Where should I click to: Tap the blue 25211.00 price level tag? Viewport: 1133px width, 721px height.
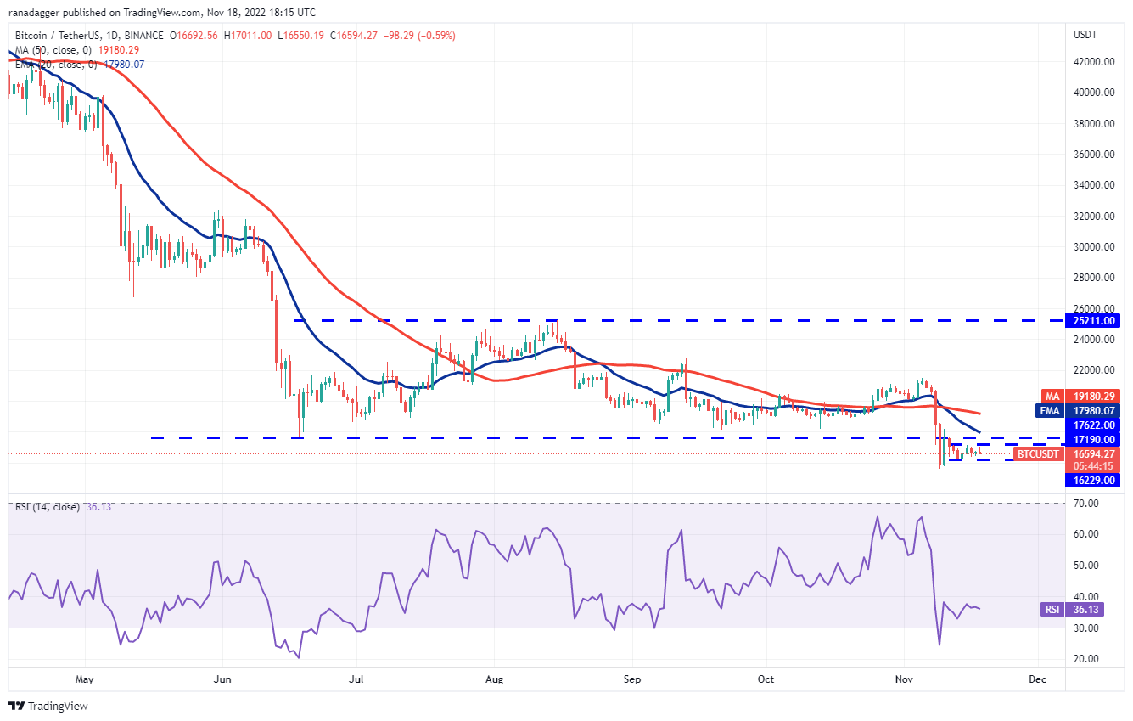(x=1095, y=321)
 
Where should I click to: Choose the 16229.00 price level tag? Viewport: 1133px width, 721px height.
(x=1095, y=480)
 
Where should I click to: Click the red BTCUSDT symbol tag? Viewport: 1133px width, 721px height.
(x=1038, y=454)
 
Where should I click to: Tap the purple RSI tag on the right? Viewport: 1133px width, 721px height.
(x=1051, y=609)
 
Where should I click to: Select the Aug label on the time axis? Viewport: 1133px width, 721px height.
(x=495, y=679)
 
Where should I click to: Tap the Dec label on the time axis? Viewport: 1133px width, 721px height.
(x=1038, y=679)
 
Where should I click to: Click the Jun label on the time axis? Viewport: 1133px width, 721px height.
(x=222, y=679)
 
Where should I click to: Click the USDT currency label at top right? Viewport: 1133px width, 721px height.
(x=1085, y=35)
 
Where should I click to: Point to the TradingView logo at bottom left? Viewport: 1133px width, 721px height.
(x=48, y=706)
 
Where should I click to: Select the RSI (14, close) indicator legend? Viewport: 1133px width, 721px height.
(x=48, y=507)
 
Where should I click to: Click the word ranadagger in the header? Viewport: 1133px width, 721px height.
(x=37, y=13)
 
